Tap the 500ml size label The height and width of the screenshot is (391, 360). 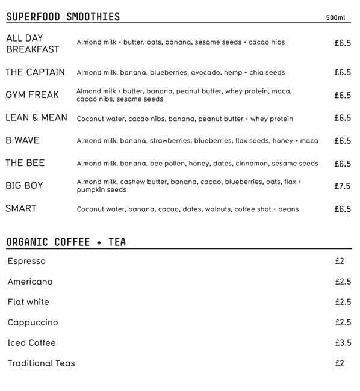[336, 17]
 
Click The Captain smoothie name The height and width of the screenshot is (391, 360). [36, 72]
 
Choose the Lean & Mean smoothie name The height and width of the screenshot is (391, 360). [36, 117]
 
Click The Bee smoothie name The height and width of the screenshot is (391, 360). [25, 163]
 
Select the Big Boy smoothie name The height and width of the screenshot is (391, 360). [24, 186]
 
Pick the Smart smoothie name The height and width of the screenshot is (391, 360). [21, 209]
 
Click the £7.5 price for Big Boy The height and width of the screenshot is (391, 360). [343, 186]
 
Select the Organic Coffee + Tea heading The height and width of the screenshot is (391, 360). [66, 242]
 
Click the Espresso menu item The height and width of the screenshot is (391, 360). [26, 262]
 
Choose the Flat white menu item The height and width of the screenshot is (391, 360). [28, 302]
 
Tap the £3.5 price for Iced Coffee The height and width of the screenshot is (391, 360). [343, 343]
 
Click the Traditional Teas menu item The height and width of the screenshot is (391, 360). [42, 363]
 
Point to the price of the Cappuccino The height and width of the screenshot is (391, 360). [343, 322]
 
